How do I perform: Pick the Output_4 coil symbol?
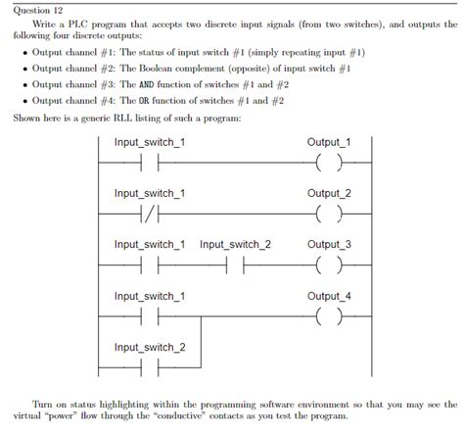coord(328,316)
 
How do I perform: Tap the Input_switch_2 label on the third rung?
coord(235,244)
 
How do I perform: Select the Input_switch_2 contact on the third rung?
coord(235,264)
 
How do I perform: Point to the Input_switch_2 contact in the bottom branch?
coord(149,367)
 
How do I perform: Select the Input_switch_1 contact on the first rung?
coord(149,163)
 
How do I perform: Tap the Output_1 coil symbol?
coord(328,163)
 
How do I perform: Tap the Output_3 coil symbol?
coord(328,264)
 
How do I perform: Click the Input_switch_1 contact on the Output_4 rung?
coord(149,316)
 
